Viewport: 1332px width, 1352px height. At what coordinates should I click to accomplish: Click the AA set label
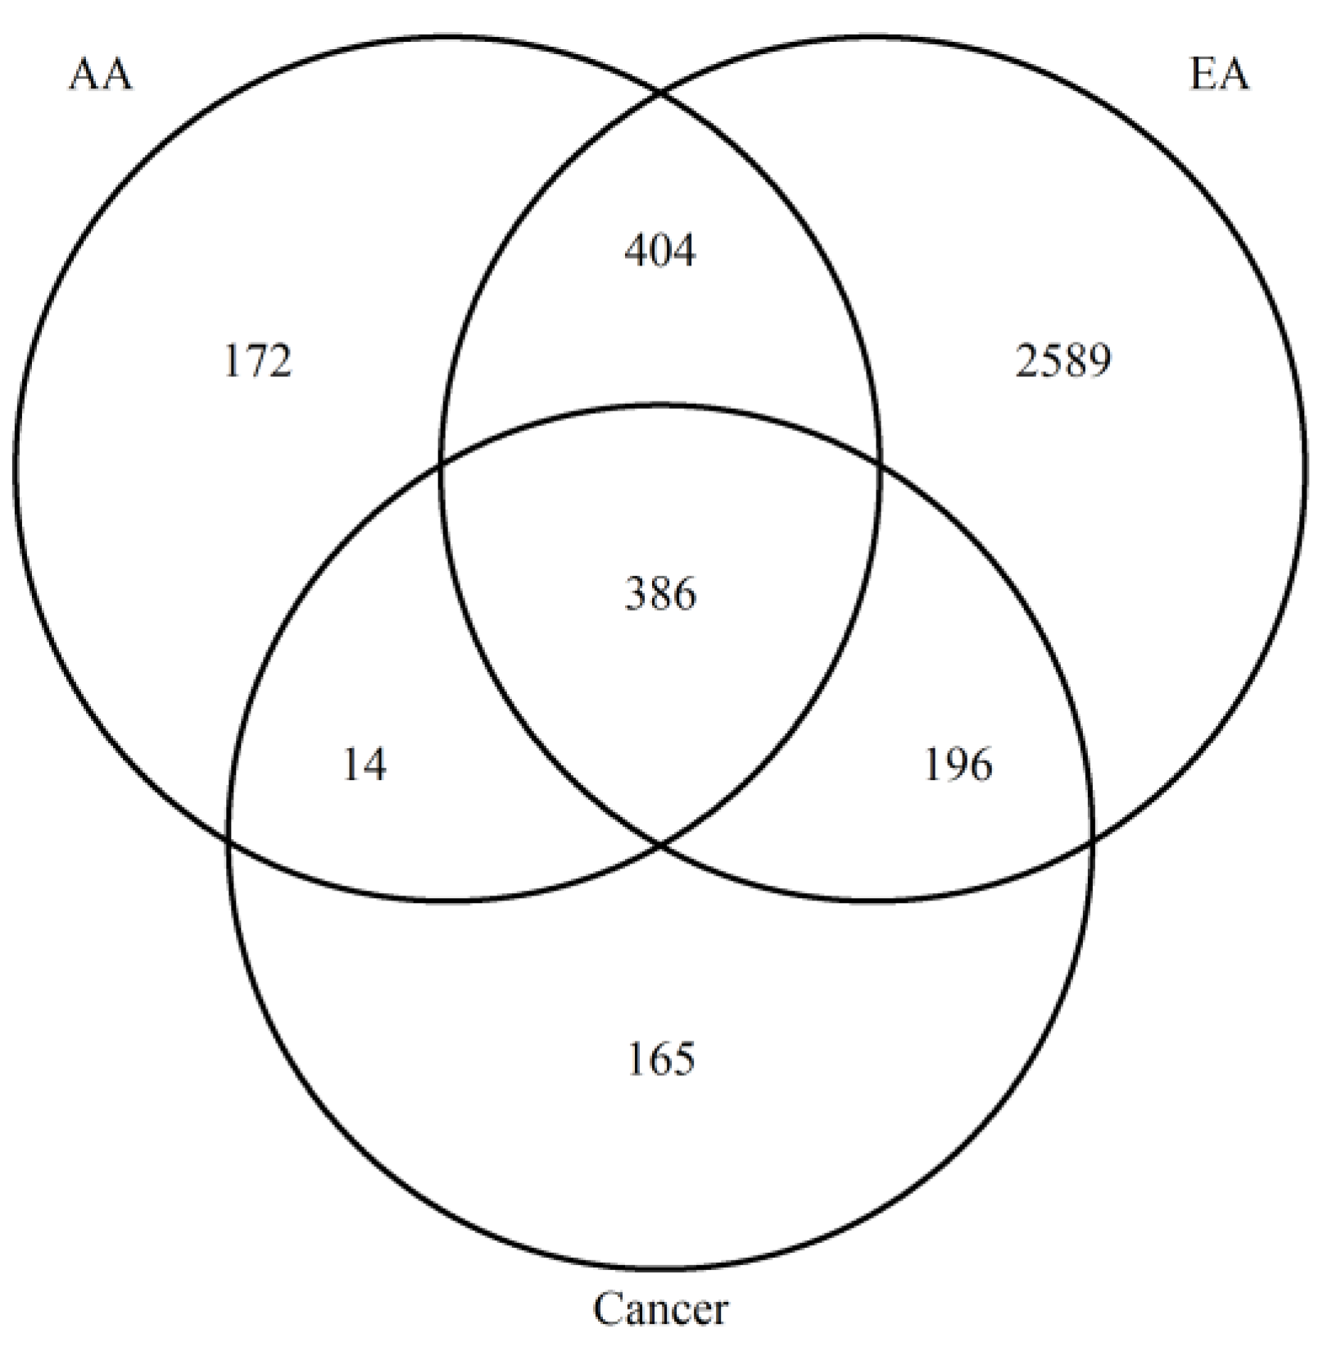pyautogui.click(x=100, y=75)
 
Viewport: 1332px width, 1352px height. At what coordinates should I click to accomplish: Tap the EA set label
pyautogui.click(x=1218, y=75)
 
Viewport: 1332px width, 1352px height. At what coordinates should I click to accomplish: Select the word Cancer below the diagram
pyautogui.click(x=659, y=1309)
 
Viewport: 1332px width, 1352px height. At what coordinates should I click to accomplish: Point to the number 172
pyautogui.click(x=257, y=361)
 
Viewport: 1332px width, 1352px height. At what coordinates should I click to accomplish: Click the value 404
pyautogui.click(x=659, y=251)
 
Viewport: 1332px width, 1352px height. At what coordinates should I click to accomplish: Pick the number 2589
pyautogui.click(x=1063, y=361)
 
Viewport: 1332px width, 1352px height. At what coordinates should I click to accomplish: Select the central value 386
pyautogui.click(x=660, y=593)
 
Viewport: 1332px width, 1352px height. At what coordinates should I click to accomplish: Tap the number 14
pyautogui.click(x=364, y=766)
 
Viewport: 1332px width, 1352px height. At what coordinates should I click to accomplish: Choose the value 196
pyautogui.click(x=958, y=764)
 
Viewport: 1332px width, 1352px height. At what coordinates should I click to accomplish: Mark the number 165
pyautogui.click(x=660, y=1058)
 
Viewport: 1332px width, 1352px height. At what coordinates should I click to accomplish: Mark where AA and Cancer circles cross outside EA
pyautogui.click(x=229, y=838)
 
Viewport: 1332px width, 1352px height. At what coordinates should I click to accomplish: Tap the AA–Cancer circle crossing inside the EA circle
pyautogui.click(x=880, y=464)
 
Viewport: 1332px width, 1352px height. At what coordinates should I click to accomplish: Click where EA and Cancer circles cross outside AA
pyautogui.click(x=1093, y=838)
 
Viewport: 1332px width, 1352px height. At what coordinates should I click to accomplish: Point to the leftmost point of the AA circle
pyautogui.click(x=15, y=469)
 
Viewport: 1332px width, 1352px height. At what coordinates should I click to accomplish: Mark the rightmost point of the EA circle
pyautogui.click(x=1306, y=469)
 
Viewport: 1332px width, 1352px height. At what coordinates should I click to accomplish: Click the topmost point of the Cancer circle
pyautogui.click(x=660, y=404)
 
